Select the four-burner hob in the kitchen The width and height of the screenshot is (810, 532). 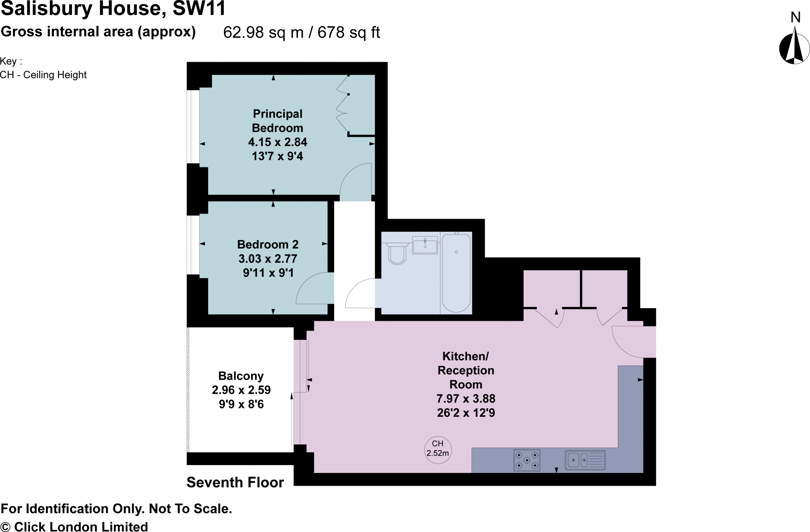click(x=526, y=460)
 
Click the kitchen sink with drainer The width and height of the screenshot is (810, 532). click(x=585, y=460)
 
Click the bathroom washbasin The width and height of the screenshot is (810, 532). click(x=425, y=245)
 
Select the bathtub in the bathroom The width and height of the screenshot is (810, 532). click(x=456, y=272)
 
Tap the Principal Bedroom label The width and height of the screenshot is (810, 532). click(x=277, y=121)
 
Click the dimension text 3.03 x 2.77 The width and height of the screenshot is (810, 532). click(x=268, y=259)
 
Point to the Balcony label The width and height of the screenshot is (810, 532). click(x=241, y=376)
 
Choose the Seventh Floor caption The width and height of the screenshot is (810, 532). click(x=235, y=483)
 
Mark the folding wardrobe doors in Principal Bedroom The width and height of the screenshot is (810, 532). click(x=343, y=104)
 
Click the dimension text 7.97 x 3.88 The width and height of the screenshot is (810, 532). click(x=466, y=399)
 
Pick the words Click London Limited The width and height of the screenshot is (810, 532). click(x=81, y=527)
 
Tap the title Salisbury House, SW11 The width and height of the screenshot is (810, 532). click(x=113, y=9)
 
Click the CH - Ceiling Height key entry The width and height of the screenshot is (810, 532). click(x=44, y=75)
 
